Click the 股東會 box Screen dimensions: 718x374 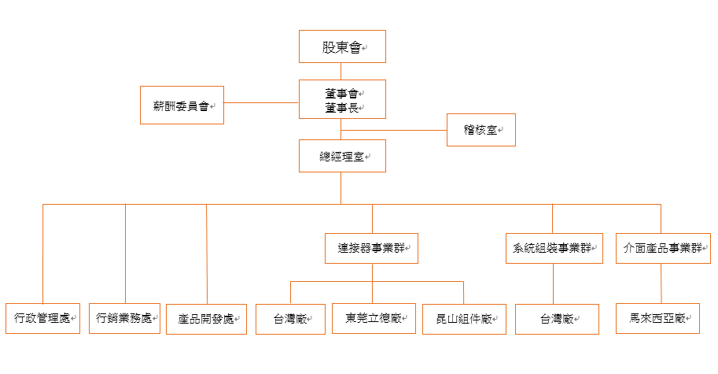342,46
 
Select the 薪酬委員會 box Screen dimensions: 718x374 182,105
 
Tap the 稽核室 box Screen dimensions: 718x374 481,130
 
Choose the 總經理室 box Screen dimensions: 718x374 342,156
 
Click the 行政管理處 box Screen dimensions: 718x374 42,318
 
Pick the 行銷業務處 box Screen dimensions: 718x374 124,318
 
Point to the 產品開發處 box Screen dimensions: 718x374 207,319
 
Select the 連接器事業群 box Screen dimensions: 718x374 371,249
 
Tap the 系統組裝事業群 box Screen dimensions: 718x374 554,249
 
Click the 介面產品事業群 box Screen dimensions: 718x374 663,249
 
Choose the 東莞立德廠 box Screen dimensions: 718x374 374,318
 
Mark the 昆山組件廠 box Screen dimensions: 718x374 464,319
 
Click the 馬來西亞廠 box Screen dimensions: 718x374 657,318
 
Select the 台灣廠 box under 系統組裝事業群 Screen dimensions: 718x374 557,319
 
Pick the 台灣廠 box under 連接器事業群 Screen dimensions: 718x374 290,319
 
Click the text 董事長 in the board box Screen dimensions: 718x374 341,108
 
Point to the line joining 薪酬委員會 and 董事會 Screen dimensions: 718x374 261,102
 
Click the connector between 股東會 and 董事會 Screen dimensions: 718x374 341,71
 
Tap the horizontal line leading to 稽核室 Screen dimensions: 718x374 394,130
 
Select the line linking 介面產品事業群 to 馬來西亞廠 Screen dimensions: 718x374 661,283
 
